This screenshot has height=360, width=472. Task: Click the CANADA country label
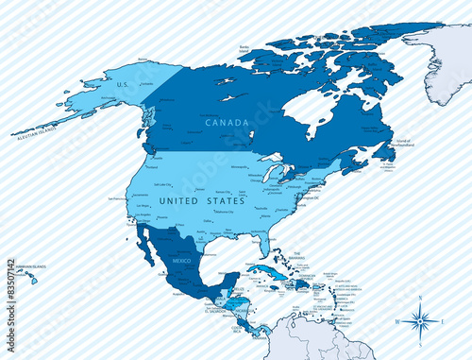tap(226, 122)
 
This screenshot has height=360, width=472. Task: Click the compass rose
tap(421, 317)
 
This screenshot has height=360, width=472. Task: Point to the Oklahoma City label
tap(224, 212)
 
